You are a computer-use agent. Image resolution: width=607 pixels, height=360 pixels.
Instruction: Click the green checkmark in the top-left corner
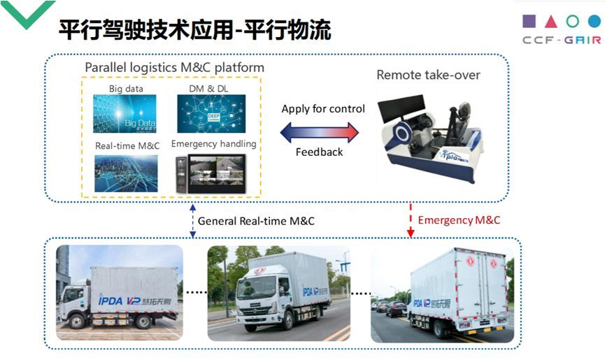tap(26, 13)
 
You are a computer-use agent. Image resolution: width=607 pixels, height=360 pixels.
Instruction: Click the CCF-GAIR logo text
tap(561, 40)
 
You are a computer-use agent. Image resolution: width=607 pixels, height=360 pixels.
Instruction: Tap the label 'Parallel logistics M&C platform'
tap(174, 67)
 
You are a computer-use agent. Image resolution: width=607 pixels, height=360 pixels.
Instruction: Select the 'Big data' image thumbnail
tap(125, 113)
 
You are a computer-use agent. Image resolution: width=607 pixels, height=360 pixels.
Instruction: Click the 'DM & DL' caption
tap(210, 89)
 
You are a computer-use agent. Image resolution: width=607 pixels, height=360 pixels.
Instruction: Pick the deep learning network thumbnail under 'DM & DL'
tap(211, 113)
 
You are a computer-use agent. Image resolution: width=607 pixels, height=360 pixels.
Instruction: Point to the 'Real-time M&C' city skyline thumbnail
tap(125, 173)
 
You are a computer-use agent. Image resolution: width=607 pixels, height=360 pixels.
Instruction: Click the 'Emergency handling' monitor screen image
tap(215, 172)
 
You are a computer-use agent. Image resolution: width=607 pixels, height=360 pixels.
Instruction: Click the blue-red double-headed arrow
tap(320, 131)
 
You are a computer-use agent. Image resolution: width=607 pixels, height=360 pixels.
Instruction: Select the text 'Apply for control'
tap(323, 108)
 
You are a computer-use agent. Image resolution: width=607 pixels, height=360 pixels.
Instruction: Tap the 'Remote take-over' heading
tap(428, 75)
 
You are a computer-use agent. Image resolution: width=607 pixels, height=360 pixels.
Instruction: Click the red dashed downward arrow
tap(410, 220)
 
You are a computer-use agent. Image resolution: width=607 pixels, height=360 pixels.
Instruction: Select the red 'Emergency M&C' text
tap(459, 220)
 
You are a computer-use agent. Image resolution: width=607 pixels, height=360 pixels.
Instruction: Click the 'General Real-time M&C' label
tap(256, 221)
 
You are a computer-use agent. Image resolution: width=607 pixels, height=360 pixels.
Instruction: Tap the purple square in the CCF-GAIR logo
tap(529, 20)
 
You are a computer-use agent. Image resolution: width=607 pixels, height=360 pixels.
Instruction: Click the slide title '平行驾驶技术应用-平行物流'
tap(194, 29)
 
